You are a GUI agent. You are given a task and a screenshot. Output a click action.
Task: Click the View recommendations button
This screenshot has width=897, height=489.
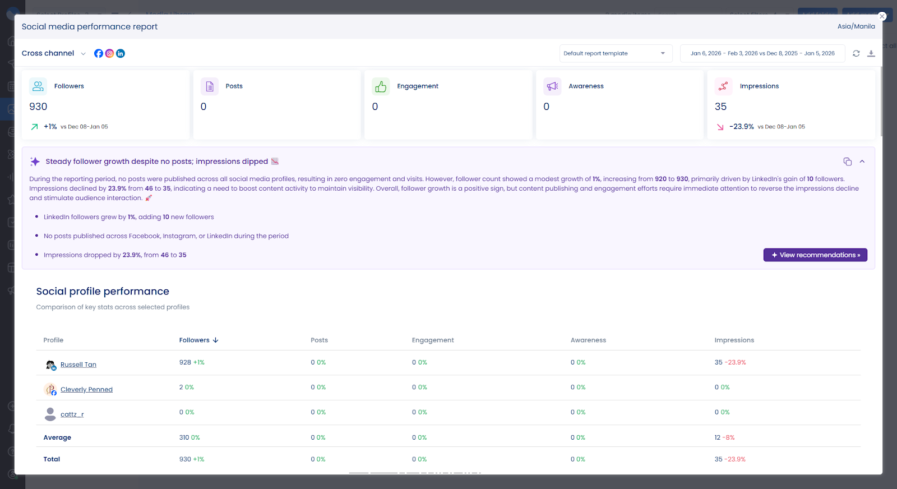pyautogui.click(x=815, y=255)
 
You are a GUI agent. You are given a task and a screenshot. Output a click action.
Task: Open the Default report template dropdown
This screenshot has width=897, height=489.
pyautogui.click(x=615, y=53)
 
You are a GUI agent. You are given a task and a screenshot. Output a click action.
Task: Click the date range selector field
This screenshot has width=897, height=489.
pyautogui.click(x=762, y=53)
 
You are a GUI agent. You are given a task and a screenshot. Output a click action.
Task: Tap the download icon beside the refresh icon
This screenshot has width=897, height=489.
pyautogui.click(x=871, y=53)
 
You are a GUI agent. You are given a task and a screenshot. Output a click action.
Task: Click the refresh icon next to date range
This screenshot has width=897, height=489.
pyautogui.click(x=856, y=53)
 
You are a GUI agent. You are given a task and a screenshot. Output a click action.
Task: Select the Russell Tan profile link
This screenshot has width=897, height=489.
pyautogui.click(x=78, y=365)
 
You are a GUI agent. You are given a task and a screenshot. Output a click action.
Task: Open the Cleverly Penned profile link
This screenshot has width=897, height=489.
pyautogui.click(x=86, y=389)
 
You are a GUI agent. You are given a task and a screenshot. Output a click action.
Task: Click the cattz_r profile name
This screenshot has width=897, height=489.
pyautogui.click(x=72, y=414)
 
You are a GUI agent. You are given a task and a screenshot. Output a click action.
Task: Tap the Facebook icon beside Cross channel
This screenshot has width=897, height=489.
pyautogui.click(x=99, y=53)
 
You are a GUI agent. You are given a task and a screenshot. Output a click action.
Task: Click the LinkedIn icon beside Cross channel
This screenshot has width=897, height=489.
pyautogui.click(x=121, y=53)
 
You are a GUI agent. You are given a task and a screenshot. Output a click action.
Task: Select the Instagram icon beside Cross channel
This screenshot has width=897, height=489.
pyautogui.click(x=109, y=53)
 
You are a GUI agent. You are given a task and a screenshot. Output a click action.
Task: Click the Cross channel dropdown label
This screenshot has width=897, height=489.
pyautogui.click(x=48, y=53)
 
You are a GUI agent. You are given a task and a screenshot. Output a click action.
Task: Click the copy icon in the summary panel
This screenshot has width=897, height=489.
pyautogui.click(x=847, y=162)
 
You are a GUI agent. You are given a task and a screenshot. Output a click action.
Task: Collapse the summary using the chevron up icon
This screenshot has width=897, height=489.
pyautogui.click(x=862, y=162)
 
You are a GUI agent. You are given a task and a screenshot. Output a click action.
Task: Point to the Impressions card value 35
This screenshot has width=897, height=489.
pyautogui.click(x=720, y=107)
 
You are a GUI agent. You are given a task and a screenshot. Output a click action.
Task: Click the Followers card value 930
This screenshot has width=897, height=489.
pyautogui.click(x=38, y=107)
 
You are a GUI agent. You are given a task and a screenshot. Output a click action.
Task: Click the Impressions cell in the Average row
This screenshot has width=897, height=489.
pyautogui.click(x=724, y=437)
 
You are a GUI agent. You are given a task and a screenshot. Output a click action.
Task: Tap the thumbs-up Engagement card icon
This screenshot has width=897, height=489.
pyautogui.click(x=381, y=86)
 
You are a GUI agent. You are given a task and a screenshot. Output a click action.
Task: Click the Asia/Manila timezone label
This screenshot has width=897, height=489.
pyautogui.click(x=856, y=26)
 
